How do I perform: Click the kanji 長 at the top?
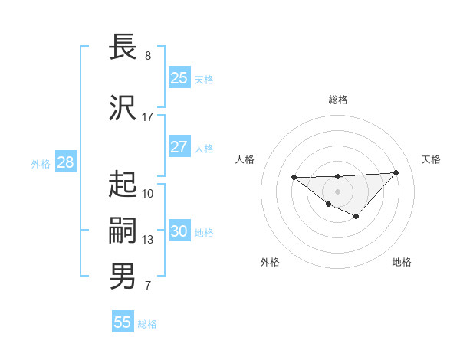click(x=123, y=47)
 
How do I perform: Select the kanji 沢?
click(x=123, y=106)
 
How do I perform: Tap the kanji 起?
click(x=123, y=183)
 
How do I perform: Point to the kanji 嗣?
click(x=123, y=230)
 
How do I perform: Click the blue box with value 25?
click(x=179, y=78)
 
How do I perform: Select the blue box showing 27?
click(x=179, y=147)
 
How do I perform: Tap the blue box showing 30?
click(x=179, y=231)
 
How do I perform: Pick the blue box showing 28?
click(x=65, y=163)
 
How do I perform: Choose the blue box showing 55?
click(x=123, y=322)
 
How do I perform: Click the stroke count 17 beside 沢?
click(x=148, y=117)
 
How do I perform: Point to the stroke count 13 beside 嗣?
click(x=148, y=240)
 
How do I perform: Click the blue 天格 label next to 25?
click(x=204, y=79)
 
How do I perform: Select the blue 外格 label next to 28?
click(x=41, y=164)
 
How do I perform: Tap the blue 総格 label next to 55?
click(x=147, y=323)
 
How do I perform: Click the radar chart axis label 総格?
click(x=337, y=100)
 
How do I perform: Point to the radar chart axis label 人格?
click(x=245, y=159)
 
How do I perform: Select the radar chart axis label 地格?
click(x=402, y=262)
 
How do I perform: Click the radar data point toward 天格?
click(x=396, y=172)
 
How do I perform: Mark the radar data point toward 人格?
click(x=294, y=178)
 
